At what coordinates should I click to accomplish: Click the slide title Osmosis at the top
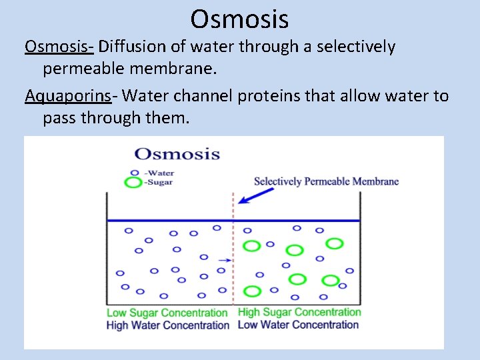239,19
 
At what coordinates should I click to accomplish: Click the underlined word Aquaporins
67,97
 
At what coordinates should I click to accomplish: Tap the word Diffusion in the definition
129,47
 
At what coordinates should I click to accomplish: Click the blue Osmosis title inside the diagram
177,154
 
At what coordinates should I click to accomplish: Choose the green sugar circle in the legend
134,182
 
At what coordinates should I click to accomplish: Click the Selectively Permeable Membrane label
326,181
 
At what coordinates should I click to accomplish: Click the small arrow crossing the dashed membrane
225,259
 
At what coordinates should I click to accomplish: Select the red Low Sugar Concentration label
167,313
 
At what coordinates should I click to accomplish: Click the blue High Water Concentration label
167,325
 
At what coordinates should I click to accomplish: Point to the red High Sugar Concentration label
299,312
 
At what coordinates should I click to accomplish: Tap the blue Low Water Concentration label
298,325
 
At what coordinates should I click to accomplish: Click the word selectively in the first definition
356,47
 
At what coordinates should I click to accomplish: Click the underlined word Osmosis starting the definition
59,47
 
